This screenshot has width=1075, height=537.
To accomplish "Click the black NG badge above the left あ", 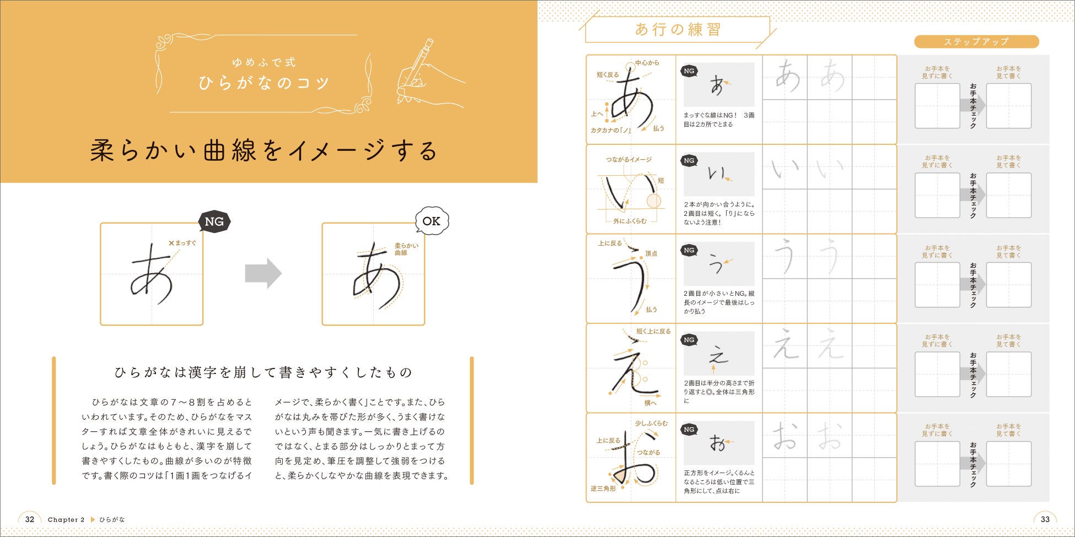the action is click(214, 221).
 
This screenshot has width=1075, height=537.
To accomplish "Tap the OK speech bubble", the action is click(432, 221).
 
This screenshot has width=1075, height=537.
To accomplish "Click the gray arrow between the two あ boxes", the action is click(263, 273).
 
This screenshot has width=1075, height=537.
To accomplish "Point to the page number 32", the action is click(30, 519).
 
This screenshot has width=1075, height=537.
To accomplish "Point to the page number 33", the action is click(1045, 519).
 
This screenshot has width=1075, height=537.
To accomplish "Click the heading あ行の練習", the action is click(678, 29).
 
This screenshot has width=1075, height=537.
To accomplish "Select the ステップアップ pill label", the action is click(976, 42).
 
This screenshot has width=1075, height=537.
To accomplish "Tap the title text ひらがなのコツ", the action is click(264, 83).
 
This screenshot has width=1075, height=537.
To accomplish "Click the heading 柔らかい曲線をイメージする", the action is click(264, 150).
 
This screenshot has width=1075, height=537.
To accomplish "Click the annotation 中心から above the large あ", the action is click(647, 63).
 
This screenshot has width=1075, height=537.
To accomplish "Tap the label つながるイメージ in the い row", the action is click(629, 160).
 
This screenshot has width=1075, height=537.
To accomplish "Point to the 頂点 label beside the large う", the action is click(651, 254).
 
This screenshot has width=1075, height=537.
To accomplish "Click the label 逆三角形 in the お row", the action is click(603, 489).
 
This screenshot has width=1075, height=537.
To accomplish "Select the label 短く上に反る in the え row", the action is click(653, 332).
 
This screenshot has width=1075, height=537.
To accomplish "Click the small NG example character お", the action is click(717, 443).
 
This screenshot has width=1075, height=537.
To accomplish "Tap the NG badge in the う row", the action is click(689, 250).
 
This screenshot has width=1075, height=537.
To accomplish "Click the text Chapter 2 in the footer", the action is click(66, 519).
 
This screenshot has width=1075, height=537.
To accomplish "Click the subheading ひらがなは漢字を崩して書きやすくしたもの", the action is click(263, 373).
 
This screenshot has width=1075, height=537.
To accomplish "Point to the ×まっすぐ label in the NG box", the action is click(182, 243).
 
